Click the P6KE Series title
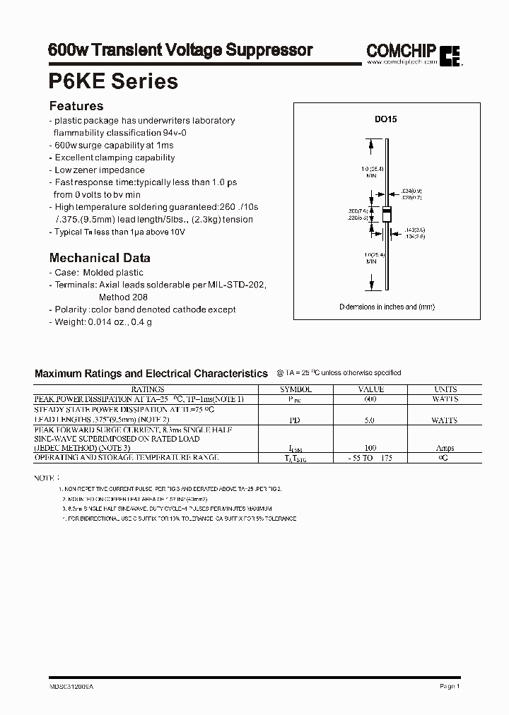pyautogui.click(x=113, y=81)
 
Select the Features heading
pyautogui.click(x=76, y=107)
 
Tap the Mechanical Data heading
pyautogui.click(x=99, y=258)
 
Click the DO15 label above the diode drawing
pyautogui.click(x=386, y=120)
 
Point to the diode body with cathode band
pyautogui.click(x=387, y=214)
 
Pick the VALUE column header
pyautogui.click(x=370, y=389)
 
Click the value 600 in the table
pyautogui.click(x=370, y=399)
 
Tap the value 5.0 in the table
pyautogui.click(x=370, y=420)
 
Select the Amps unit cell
pyautogui.click(x=445, y=448)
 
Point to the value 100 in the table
pyautogui.click(x=370, y=448)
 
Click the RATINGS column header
pyautogui.click(x=147, y=389)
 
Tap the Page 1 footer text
pyautogui.click(x=450, y=686)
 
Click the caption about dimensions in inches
pyautogui.click(x=387, y=307)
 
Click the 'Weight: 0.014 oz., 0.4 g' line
pyautogui.click(x=100, y=322)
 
